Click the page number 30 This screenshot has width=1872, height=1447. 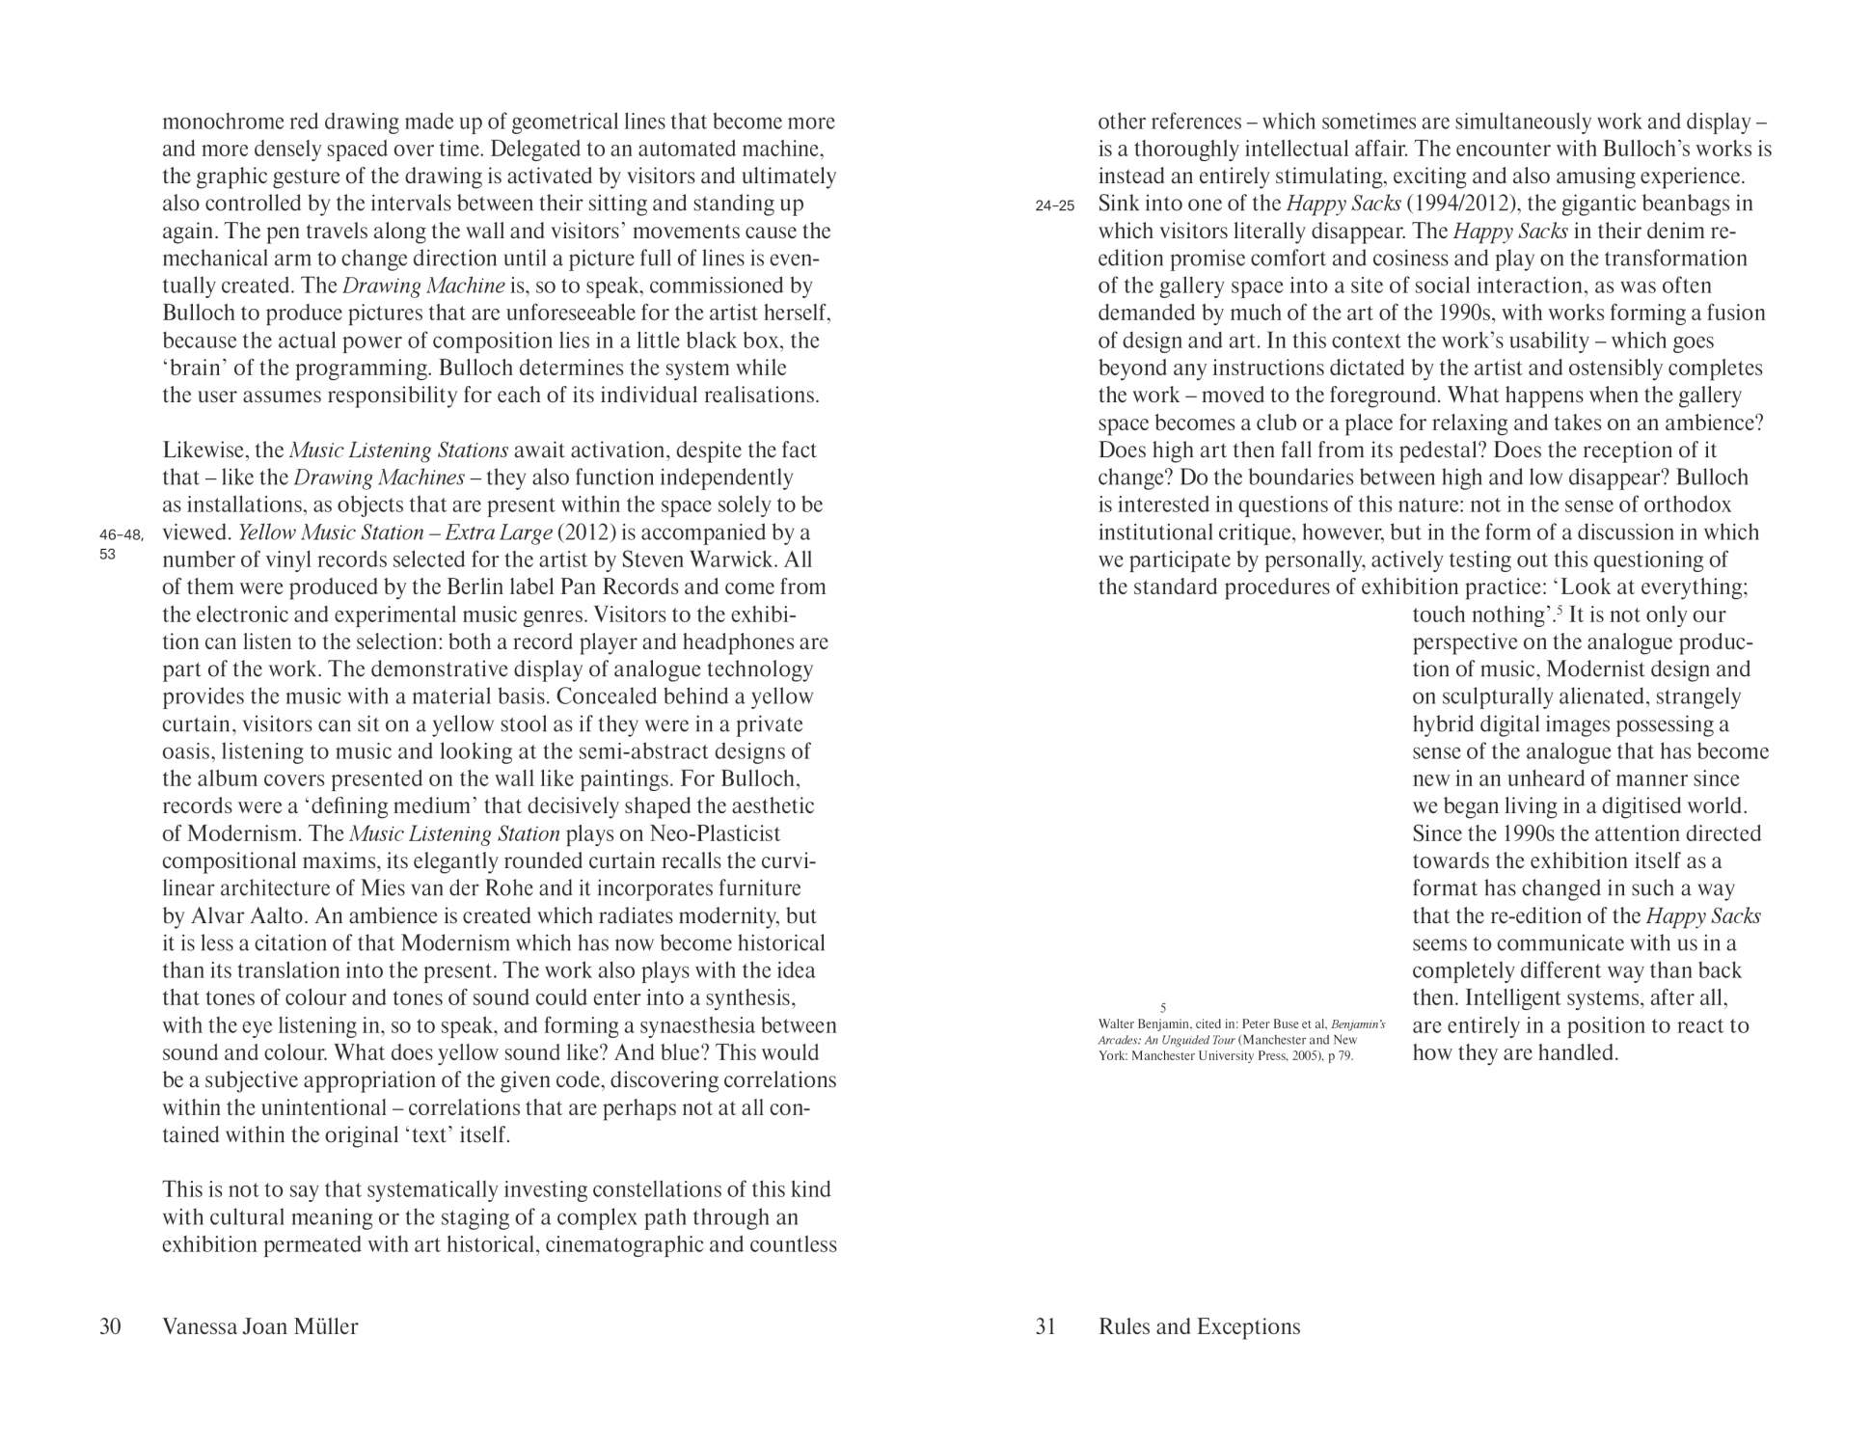click(110, 1326)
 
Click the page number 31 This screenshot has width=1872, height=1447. click(1045, 1326)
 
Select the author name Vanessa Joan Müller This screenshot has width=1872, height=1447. click(260, 1326)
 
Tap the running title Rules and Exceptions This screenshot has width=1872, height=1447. click(1199, 1326)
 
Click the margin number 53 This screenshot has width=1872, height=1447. click(107, 555)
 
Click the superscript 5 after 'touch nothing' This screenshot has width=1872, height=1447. click(1559, 610)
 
